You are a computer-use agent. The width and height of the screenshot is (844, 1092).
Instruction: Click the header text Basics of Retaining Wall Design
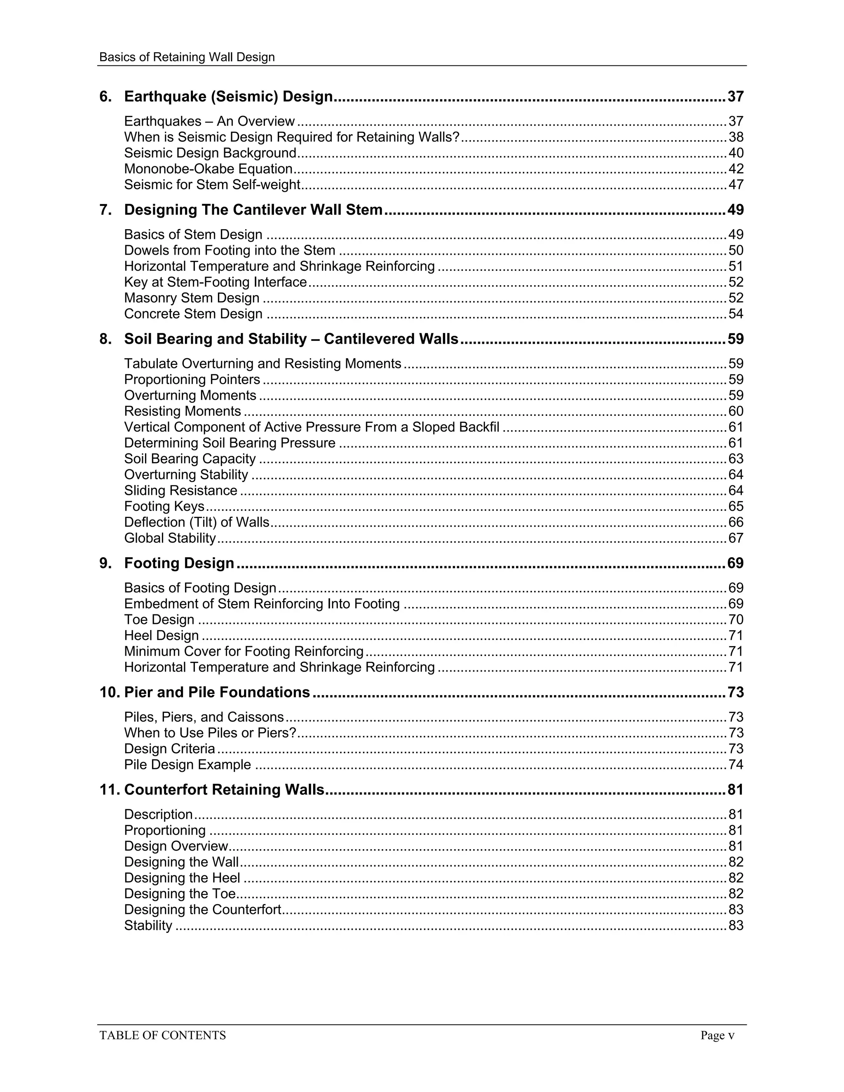[187, 57]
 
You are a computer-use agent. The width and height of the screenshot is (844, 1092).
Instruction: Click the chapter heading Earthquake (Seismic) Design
[228, 96]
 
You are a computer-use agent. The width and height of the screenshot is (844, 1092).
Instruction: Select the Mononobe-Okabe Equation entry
[209, 169]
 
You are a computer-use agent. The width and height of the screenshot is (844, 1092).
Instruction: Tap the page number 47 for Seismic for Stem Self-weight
[736, 185]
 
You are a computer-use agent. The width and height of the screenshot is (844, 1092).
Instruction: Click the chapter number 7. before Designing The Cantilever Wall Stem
[105, 210]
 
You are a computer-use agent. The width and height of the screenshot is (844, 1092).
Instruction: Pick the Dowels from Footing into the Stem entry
[230, 251]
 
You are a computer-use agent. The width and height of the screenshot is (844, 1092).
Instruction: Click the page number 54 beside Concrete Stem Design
[736, 314]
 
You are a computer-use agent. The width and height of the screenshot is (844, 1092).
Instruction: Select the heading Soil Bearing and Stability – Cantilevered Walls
[291, 339]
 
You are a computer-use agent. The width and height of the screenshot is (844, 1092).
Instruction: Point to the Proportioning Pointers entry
[192, 380]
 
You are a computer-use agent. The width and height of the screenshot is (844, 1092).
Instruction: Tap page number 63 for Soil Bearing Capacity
[736, 459]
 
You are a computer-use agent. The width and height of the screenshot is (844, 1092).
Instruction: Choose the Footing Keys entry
[164, 506]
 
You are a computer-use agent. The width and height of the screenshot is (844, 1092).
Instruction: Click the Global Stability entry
[170, 539]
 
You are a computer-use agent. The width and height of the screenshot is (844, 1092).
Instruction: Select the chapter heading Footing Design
[179, 563]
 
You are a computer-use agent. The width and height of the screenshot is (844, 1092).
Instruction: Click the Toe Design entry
[159, 620]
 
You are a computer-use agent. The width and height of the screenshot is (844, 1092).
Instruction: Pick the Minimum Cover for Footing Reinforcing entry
[244, 651]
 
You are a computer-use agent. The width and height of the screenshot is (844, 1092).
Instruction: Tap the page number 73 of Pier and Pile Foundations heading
[736, 693]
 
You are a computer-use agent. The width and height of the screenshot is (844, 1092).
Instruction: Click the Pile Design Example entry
[188, 765]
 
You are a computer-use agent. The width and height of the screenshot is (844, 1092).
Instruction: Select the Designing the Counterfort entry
[202, 909]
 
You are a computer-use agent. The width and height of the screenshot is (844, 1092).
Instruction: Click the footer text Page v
[717, 1036]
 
